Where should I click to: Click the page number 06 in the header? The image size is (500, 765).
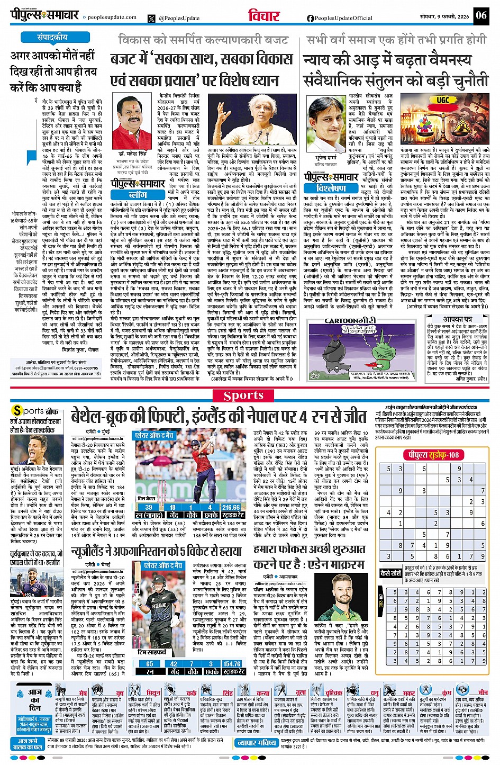point(481,15)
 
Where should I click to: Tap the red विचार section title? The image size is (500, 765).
point(263,16)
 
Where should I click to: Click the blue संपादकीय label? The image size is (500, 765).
point(52,37)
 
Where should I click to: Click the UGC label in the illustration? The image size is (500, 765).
point(442,100)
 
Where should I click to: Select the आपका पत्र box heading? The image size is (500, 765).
point(458,320)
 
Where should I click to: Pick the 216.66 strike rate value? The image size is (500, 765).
point(231,507)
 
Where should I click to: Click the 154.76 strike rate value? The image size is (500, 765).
point(232,663)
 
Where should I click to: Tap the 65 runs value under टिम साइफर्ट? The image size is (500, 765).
point(150,663)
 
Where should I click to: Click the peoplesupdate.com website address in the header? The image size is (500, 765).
point(112,17)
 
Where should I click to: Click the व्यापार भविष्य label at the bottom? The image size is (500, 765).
point(256,743)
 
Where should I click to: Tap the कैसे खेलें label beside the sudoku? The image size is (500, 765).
point(390,573)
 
